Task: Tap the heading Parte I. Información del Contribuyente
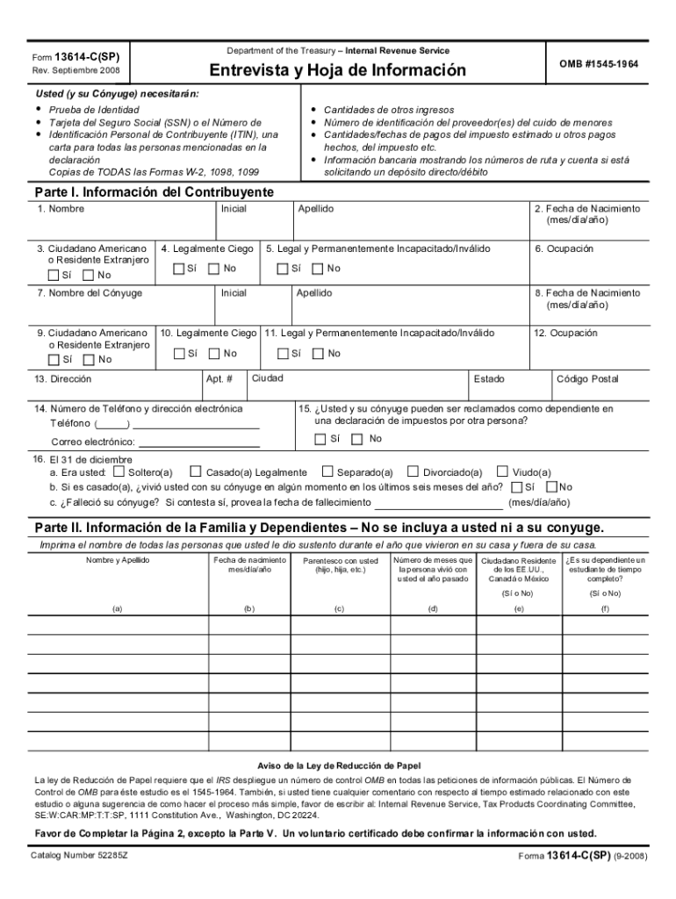pos(154,192)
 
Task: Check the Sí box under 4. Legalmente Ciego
pos(179,269)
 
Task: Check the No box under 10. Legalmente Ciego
pos(214,354)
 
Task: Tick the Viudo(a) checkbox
pos(503,472)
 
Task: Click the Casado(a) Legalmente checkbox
pos(196,472)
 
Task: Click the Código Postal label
pos(587,379)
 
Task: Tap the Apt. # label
pos(219,379)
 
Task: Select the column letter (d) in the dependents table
pos(433,608)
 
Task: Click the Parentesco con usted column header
pos(340,565)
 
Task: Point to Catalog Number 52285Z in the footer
pos(80,855)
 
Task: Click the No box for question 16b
pos(551,487)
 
